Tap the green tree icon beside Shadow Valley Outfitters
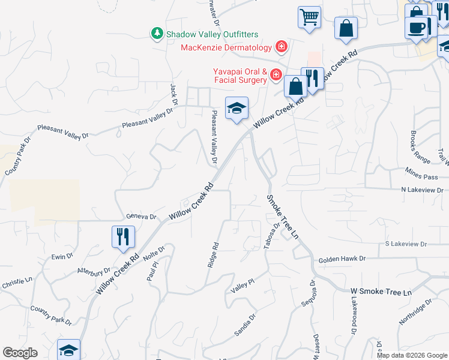pos(157,33)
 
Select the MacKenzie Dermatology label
pos(226,47)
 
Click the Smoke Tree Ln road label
pos(283,217)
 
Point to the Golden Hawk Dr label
pos(342,259)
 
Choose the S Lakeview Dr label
pos(406,244)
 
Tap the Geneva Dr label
pos(141,217)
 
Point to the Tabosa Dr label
pos(269,238)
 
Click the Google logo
pos(20,353)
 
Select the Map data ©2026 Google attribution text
pos(411,355)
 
